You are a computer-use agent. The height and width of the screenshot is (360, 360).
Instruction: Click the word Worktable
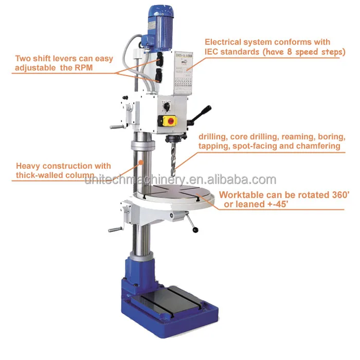[x=241, y=195]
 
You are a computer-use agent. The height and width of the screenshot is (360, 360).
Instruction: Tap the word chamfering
[x=316, y=146]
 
